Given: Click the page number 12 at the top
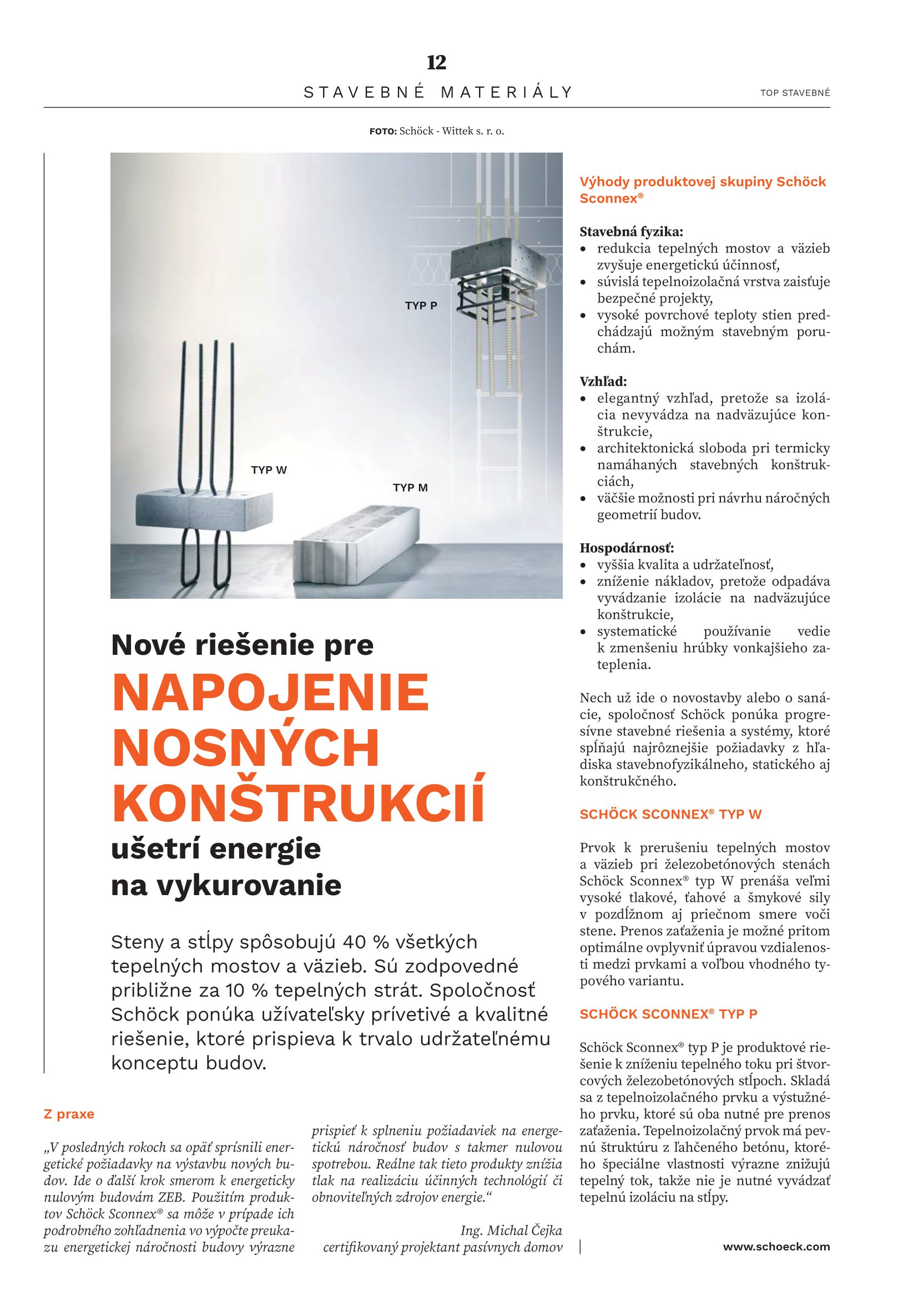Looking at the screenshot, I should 436,62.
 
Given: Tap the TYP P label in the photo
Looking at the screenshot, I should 421,306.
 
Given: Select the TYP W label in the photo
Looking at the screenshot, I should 269,470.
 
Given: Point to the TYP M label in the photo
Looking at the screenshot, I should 410,487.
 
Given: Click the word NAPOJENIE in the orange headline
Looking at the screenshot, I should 271,693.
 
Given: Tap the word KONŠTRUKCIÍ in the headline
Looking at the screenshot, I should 299,804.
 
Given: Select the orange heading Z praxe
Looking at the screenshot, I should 69,1114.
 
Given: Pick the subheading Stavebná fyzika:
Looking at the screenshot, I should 632,231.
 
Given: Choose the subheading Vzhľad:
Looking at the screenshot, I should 603,382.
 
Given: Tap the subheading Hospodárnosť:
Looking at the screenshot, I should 627,548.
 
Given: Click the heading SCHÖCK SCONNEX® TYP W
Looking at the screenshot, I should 670,814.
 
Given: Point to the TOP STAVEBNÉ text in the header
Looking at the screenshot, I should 795,93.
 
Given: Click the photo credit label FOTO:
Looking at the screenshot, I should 384,132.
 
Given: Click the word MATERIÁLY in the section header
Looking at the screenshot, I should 507,92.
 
